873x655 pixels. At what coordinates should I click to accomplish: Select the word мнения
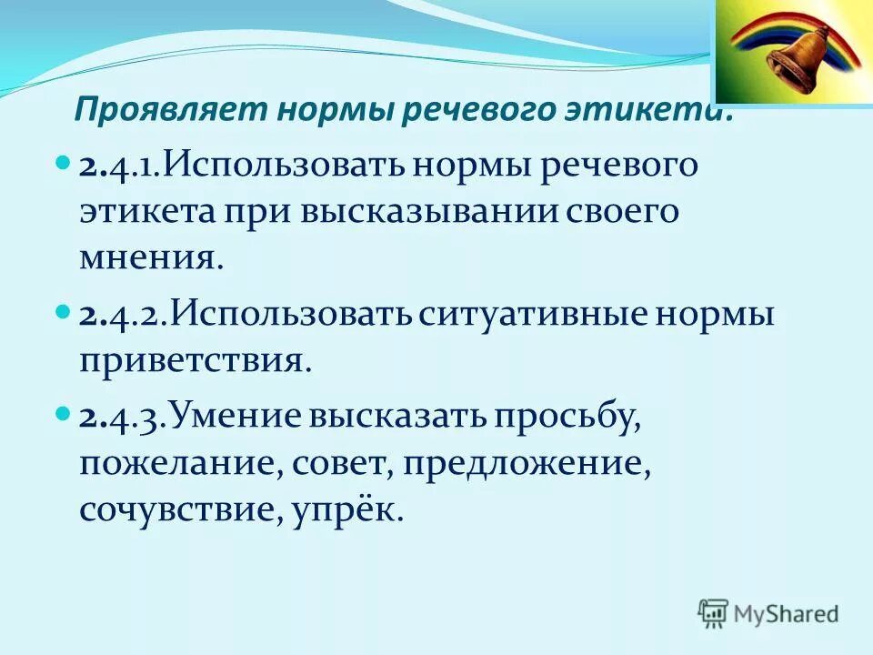point(151,258)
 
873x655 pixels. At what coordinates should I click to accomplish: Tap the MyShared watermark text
point(787,613)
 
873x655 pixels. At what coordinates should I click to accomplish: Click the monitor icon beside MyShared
point(714,613)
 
